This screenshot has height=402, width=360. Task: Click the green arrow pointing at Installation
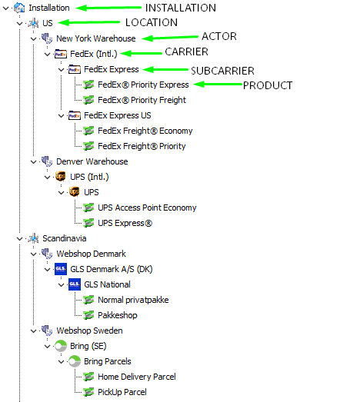point(108,8)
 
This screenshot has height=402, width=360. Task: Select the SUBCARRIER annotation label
point(222,71)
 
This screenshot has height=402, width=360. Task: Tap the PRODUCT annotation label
point(268,85)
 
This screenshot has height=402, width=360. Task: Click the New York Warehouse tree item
point(96,38)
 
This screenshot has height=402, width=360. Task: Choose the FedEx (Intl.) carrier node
point(94,54)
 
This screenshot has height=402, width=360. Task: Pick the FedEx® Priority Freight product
point(142,100)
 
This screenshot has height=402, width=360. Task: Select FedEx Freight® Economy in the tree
point(145,131)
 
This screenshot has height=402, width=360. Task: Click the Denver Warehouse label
point(92,161)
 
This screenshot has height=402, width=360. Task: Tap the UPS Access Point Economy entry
point(147,208)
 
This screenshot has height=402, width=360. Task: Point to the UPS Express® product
point(125,223)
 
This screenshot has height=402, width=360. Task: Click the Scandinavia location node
point(65,238)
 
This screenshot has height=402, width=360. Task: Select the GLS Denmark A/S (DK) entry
point(112,269)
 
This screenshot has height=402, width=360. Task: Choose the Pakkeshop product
point(118,315)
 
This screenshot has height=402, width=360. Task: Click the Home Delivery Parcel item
point(137,377)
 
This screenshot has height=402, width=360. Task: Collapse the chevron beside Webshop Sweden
point(33,331)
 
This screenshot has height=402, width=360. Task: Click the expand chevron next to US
point(19,24)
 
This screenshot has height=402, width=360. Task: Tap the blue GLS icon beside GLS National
point(75,284)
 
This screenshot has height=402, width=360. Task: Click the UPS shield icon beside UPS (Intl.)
point(61,177)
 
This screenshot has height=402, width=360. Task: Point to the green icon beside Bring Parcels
point(75,361)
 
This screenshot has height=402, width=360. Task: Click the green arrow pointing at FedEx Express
point(165,69)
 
